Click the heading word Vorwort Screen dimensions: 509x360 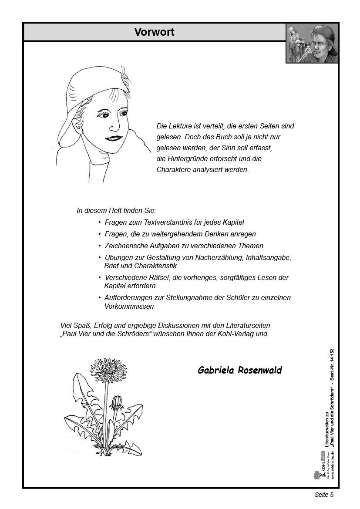tap(154, 32)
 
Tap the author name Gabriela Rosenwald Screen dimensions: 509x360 tap(239, 371)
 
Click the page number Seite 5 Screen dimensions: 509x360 tap(324, 495)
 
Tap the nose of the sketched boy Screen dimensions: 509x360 tap(114, 127)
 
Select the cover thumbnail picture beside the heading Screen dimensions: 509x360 tap(312, 43)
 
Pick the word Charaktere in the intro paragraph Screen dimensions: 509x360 tap(173, 169)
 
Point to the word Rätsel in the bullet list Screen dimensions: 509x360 tap(154, 277)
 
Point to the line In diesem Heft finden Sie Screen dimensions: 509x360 tap(116, 210)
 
